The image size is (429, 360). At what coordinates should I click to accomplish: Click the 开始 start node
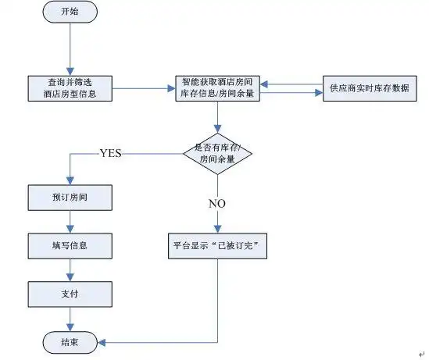[x=70, y=14]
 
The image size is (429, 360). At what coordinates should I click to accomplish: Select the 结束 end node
[x=70, y=341]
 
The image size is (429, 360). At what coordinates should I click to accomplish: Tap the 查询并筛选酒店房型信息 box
[x=70, y=88]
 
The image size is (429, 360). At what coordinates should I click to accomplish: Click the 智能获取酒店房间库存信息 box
[x=216, y=88]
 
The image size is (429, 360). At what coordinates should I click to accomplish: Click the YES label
[x=110, y=153]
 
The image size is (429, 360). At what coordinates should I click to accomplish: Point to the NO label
[x=216, y=203]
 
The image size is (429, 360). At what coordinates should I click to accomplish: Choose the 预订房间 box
[x=70, y=198]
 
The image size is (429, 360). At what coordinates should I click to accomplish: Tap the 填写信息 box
[x=70, y=245]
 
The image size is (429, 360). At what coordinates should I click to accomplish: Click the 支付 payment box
[x=70, y=294]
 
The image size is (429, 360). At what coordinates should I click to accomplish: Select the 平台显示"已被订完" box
[x=216, y=245]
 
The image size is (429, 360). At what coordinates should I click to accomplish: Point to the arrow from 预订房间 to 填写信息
[x=70, y=221]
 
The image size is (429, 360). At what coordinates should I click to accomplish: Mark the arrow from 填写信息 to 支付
[x=70, y=269]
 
